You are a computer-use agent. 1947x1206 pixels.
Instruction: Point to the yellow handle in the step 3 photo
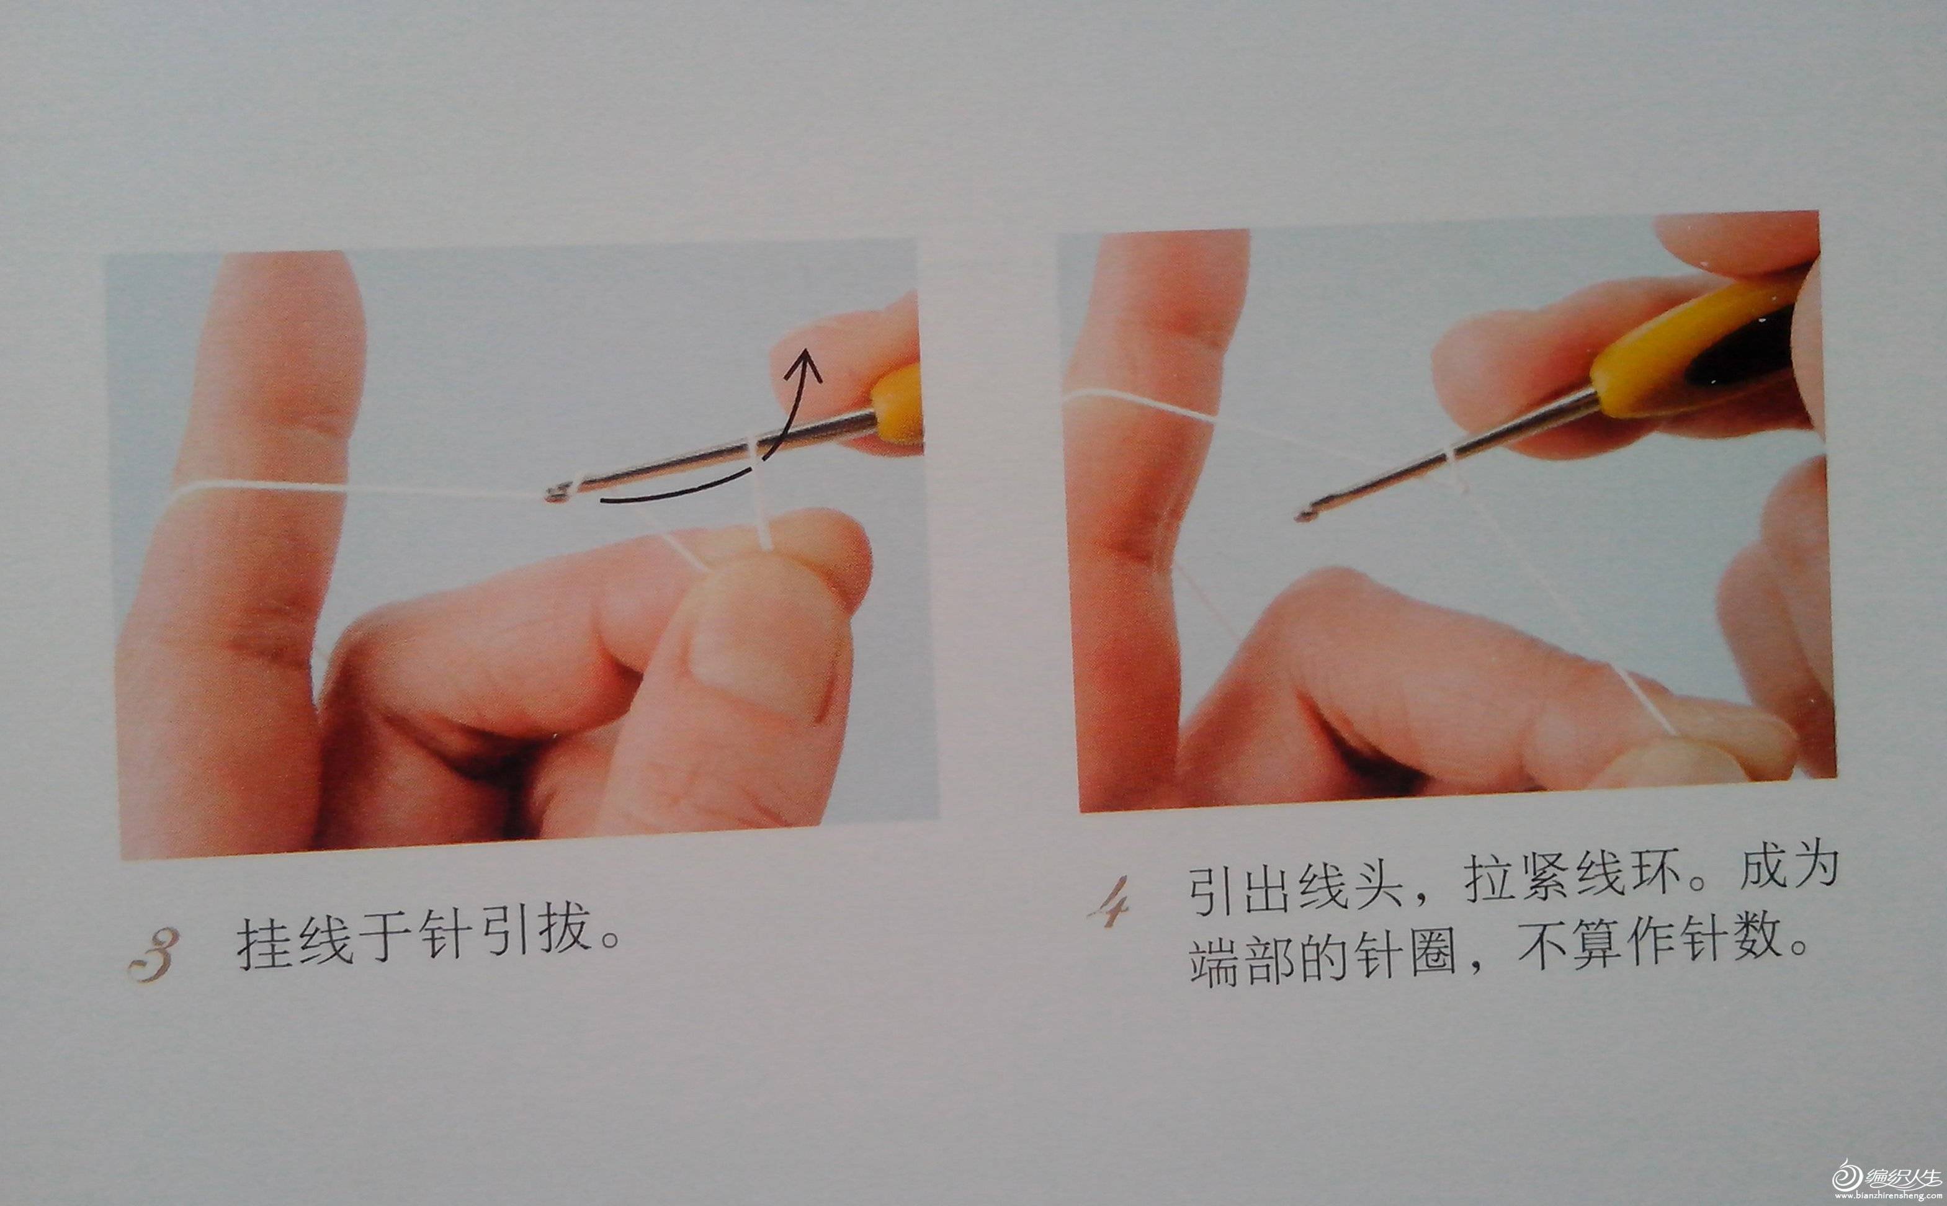click(897, 405)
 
